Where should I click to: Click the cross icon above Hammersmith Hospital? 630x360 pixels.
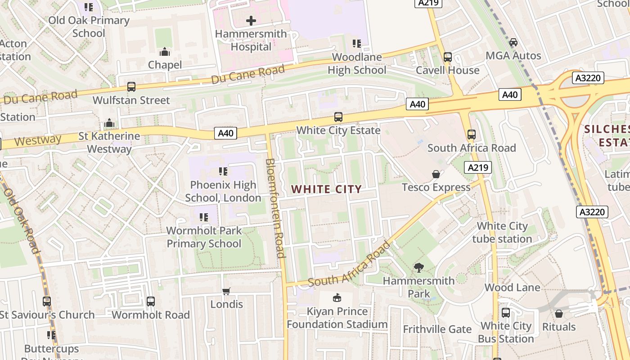coord(251,20)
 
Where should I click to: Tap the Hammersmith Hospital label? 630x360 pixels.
coord(251,40)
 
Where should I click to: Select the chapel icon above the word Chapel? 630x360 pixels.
coord(165,52)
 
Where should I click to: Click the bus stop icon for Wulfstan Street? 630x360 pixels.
coord(131,87)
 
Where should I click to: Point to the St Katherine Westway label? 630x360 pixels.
coord(109,142)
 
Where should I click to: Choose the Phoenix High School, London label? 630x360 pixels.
coord(223,191)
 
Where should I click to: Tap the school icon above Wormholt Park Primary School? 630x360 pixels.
coord(204,217)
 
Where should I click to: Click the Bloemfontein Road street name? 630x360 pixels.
coord(275,208)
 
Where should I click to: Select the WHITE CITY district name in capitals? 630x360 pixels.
coord(327,189)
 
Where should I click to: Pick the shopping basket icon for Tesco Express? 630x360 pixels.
coord(436,174)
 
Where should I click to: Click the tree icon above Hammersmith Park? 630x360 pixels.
coord(419,268)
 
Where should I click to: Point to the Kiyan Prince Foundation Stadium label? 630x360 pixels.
coord(337,318)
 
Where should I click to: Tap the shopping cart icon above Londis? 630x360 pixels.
coord(226,291)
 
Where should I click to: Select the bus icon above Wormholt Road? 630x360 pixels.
coord(151,301)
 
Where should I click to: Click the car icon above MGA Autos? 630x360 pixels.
coord(513,43)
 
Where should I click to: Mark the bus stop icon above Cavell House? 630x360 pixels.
coord(447,57)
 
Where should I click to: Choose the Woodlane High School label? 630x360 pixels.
coord(357,63)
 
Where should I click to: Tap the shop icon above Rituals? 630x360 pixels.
coord(559,314)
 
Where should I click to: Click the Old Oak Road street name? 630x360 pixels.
coord(22,221)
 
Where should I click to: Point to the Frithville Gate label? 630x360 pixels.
coord(437,329)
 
